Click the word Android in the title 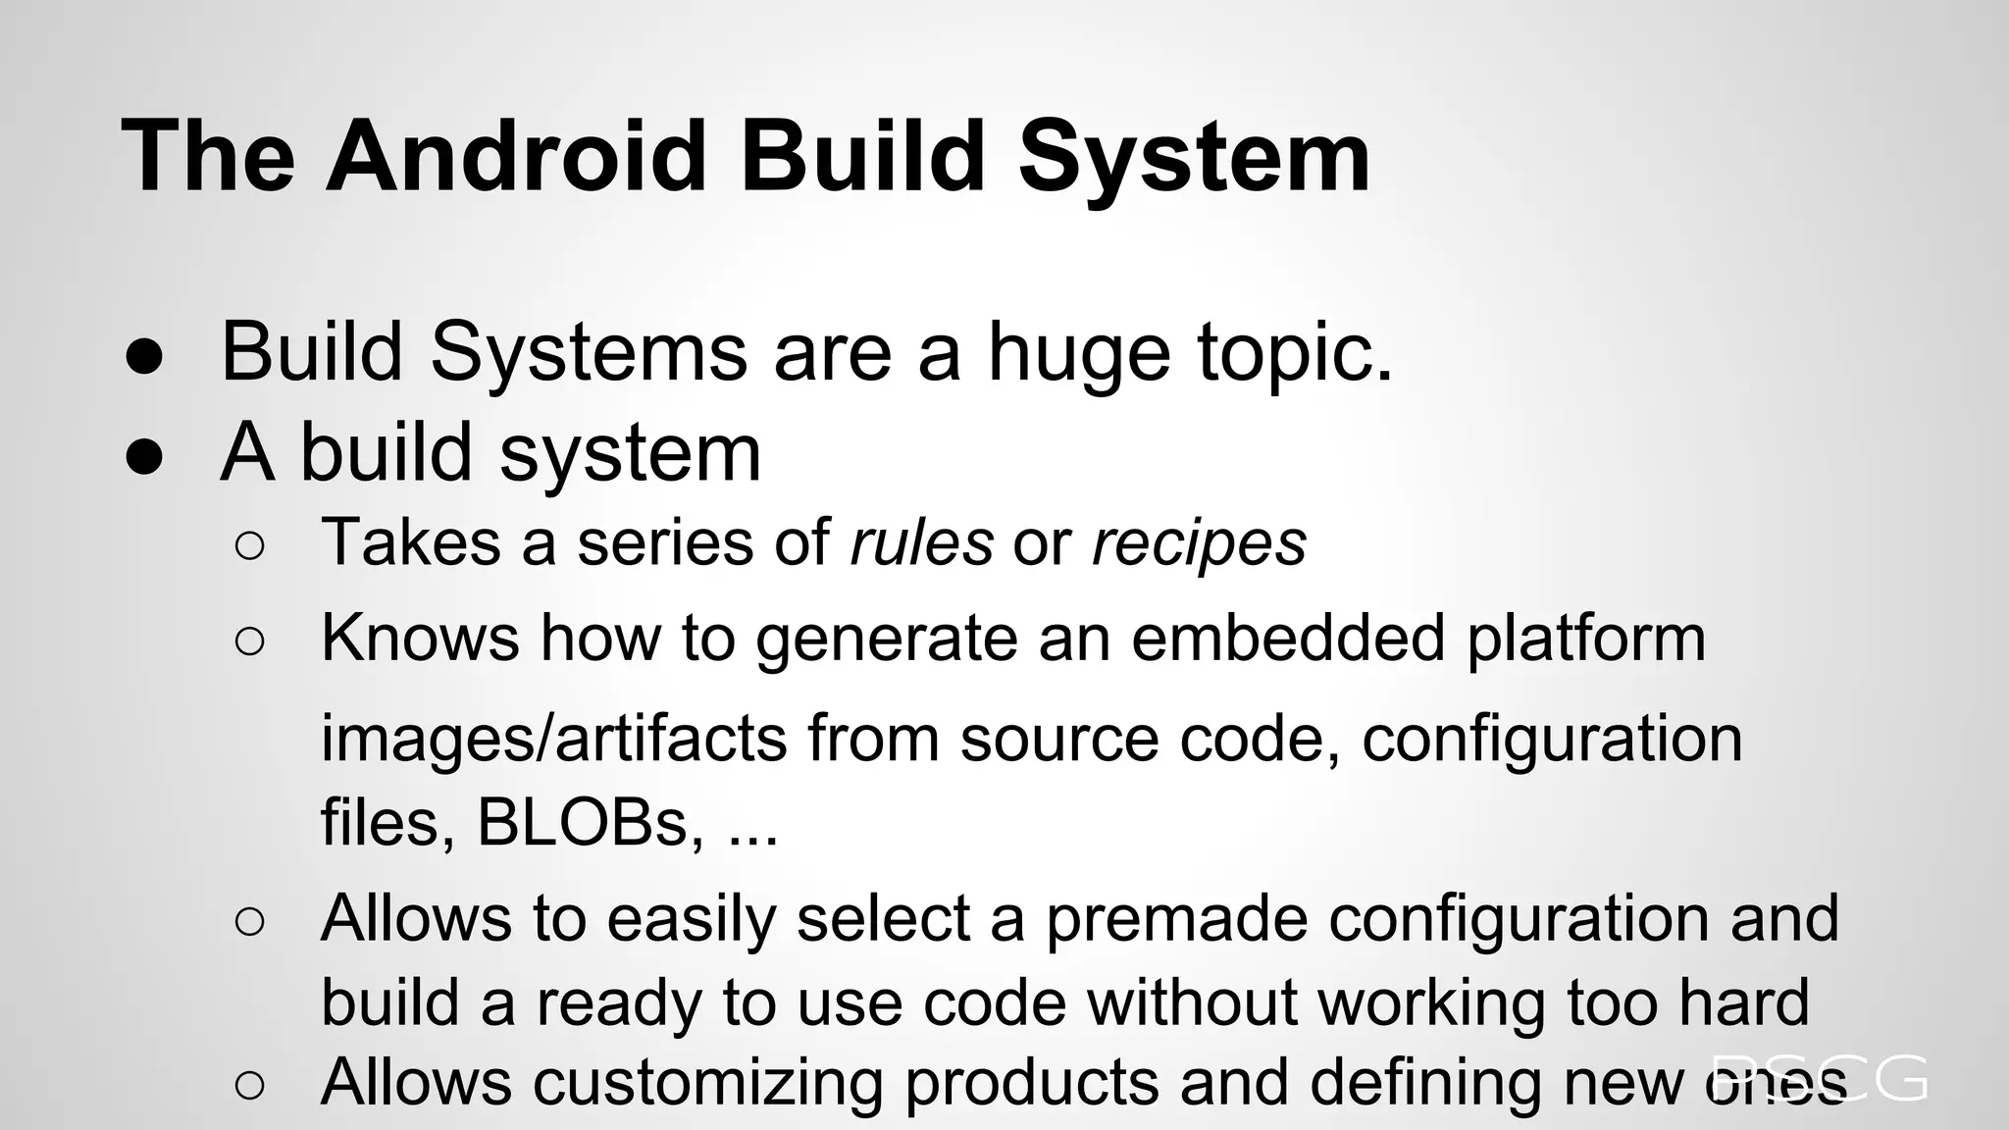click(x=516, y=156)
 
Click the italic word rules click(x=921, y=541)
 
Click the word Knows click(x=420, y=638)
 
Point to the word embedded click(x=1288, y=638)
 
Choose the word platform click(x=1586, y=640)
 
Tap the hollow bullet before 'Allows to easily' click(x=250, y=922)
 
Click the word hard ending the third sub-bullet click(x=1742, y=1002)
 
